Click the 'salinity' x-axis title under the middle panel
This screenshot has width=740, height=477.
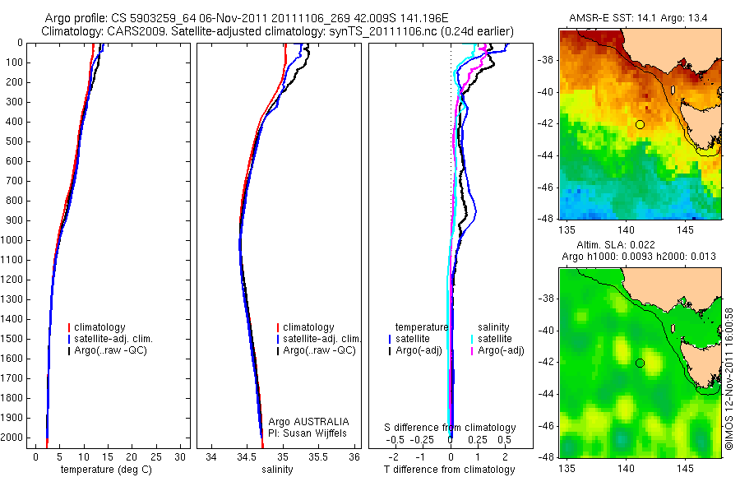pyautogui.click(x=275, y=470)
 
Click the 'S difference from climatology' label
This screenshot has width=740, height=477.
pyautogui.click(x=450, y=428)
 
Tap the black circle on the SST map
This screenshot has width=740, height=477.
pyautogui.click(x=640, y=124)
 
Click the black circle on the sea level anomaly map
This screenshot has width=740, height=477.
pyautogui.click(x=640, y=363)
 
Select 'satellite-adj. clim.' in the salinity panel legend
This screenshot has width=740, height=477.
pyautogui.click(x=321, y=339)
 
